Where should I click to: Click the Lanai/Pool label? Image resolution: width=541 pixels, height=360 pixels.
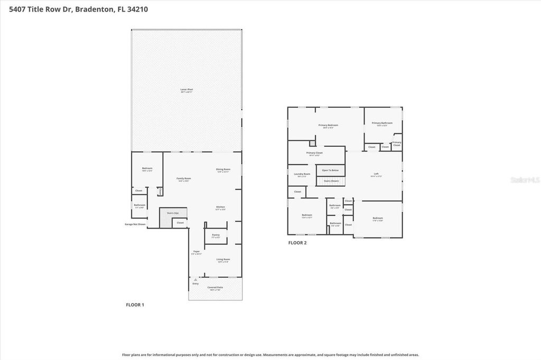pyautogui.click(x=186, y=90)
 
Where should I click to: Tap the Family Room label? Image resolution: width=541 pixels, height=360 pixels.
pyautogui.click(x=184, y=179)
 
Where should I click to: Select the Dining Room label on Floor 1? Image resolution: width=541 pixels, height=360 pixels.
pyautogui.click(x=223, y=170)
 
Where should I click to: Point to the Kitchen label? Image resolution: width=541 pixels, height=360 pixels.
pyautogui.click(x=220, y=207)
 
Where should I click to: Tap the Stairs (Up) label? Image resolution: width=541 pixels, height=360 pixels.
pyautogui.click(x=173, y=213)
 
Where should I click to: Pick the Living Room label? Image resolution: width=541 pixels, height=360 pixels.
pyautogui.click(x=223, y=260)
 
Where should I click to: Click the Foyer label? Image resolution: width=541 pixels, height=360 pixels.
pyautogui.click(x=197, y=252)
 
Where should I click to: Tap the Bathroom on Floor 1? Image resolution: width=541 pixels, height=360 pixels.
pyautogui.click(x=139, y=205)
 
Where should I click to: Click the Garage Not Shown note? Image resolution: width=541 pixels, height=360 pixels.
pyautogui.click(x=135, y=224)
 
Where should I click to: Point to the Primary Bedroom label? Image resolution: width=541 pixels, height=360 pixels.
pyautogui.click(x=328, y=126)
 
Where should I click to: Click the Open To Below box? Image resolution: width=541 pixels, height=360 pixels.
pyautogui.click(x=330, y=170)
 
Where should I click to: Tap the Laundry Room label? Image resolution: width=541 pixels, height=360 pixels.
pyautogui.click(x=303, y=174)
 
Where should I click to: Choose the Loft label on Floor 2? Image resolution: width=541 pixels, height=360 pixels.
pyautogui.click(x=376, y=174)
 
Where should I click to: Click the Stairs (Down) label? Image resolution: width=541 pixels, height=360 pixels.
pyautogui.click(x=331, y=181)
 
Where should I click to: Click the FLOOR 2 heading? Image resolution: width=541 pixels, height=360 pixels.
pyautogui.click(x=297, y=243)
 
